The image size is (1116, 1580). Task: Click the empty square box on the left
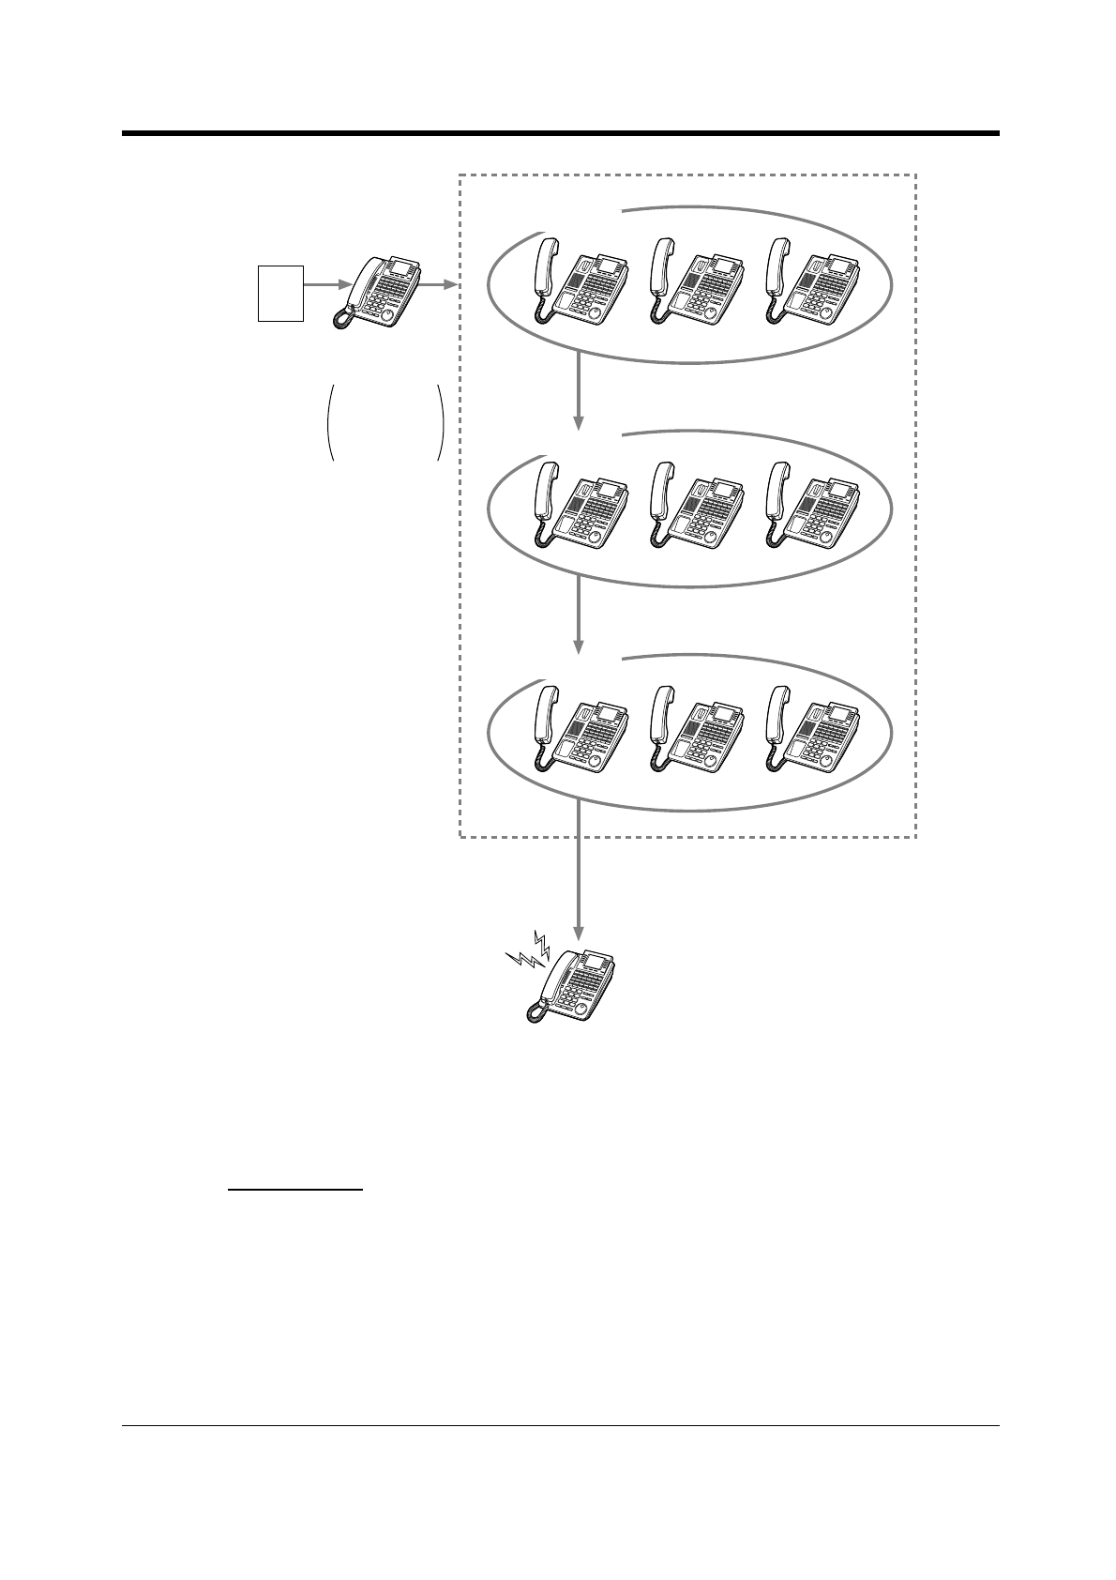point(280,293)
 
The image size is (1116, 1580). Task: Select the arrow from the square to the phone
point(326,282)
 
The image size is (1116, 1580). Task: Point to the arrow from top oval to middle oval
point(579,389)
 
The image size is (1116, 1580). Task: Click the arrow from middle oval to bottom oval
point(579,615)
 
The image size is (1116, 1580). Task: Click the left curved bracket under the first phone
point(330,422)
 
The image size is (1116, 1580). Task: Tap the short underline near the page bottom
point(295,1190)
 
